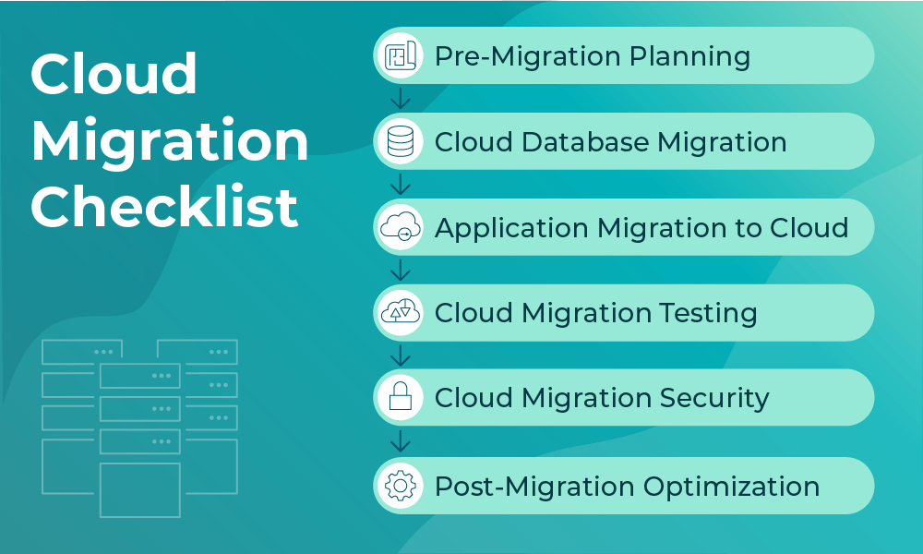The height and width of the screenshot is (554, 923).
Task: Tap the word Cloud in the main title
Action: click(x=114, y=74)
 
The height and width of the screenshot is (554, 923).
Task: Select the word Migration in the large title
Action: click(x=170, y=141)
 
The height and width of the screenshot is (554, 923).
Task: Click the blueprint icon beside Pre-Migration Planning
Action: click(x=401, y=55)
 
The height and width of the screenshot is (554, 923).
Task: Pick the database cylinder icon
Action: click(x=401, y=141)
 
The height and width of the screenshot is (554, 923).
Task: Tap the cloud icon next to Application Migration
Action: click(x=401, y=227)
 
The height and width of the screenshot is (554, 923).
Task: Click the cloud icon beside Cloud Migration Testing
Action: click(x=401, y=313)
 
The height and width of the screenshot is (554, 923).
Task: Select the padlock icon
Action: click(x=401, y=398)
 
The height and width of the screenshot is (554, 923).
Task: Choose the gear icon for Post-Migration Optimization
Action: click(x=401, y=486)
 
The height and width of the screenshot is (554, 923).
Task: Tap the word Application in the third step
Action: click(x=512, y=227)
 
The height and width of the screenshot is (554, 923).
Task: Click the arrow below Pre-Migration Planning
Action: click(x=401, y=98)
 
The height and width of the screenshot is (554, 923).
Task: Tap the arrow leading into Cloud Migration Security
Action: click(x=401, y=355)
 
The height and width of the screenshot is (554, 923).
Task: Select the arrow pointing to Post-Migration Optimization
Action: click(x=401, y=441)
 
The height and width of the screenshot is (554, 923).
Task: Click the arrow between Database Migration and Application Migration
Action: click(x=401, y=184)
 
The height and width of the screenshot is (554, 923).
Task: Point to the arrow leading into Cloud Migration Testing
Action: click(x=401, y=270)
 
